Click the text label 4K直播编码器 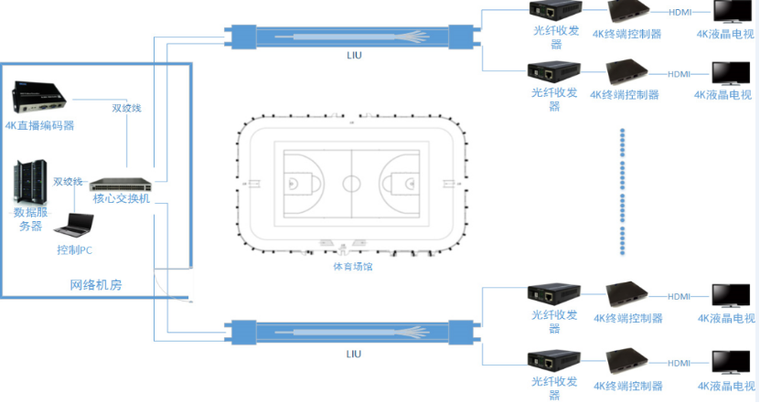click(39, 126)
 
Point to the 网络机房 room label click(96, 285)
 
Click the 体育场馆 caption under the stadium click(353, 267)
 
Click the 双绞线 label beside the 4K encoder click(126, 108)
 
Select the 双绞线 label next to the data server click(69, 181)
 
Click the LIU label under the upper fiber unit click(354, 58)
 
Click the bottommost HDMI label click(679, 363)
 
